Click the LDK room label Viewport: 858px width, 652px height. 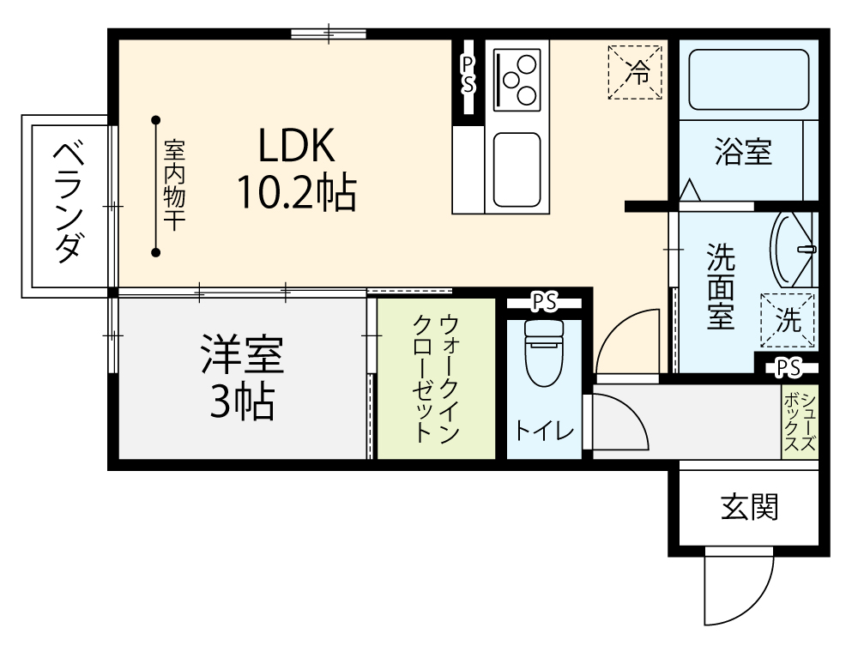pos(296,146)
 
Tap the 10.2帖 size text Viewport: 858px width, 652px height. pos(296,192)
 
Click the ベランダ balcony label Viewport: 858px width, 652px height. pos(69,202)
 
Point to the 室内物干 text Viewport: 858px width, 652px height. pos(174,185)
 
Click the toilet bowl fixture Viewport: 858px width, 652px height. pos(544,353)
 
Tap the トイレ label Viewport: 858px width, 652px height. pos(545,431)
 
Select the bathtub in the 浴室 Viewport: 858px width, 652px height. pos(748,80)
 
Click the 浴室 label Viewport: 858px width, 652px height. pos(743,152)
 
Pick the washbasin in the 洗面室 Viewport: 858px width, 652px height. pos(793,250)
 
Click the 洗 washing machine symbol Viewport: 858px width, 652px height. pos(788,321)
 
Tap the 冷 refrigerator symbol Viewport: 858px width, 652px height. pos(635,72)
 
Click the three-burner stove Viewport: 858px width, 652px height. pos(517,80)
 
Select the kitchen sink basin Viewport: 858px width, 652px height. pos(517,170)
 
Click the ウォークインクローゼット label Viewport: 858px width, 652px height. pos(436,378)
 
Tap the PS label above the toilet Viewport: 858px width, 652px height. pos(544,303)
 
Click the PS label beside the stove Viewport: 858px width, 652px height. pos(468,75)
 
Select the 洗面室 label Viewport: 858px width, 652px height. pos(720,286)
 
